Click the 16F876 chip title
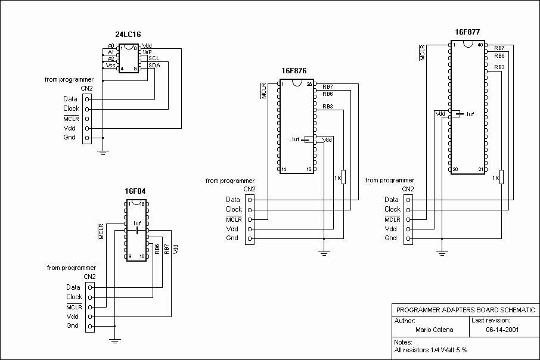[x=294, y=70]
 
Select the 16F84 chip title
[x=135, y=191]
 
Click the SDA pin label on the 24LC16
[x=154, y=65]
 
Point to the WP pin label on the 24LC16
[x=147, y=52]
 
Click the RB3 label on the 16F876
[x=328, y=107]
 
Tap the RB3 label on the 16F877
[x=499, y=67]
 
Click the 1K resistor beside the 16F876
[x=343, y=178]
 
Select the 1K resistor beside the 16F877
[x=501, y=178]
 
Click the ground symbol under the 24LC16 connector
[x=103, y=153]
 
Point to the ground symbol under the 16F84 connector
[x=115, y=340]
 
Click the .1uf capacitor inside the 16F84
[x=136, y=229]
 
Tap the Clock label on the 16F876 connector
[x=234, y=209]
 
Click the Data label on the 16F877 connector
[x=392, y=200]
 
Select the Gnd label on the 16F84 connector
[x=72, y=326]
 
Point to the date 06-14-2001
[x=499, y=329]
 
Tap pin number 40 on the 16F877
[x=480, y=45]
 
